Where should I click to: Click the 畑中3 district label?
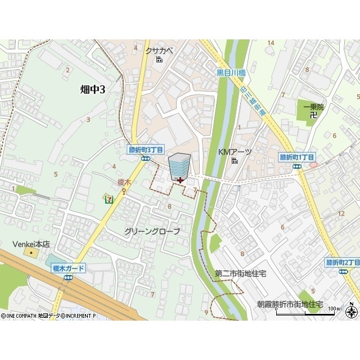click(92, 88)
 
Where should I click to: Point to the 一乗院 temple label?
click(313, 106)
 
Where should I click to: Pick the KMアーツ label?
click(235, 152)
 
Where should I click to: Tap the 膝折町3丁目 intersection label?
click(146, 150)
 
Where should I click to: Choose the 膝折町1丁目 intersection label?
click(297, 157)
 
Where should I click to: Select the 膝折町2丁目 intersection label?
click(343, 263)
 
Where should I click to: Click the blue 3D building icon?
click(179, 165)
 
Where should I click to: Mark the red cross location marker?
click(179, 180)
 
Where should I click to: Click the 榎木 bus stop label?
click(124, 182)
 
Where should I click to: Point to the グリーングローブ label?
click(152, 232)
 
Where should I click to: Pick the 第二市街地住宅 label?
click(240, 273)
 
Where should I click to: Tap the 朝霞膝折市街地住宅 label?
click(290, 304)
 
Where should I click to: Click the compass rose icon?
click(352, 312)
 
